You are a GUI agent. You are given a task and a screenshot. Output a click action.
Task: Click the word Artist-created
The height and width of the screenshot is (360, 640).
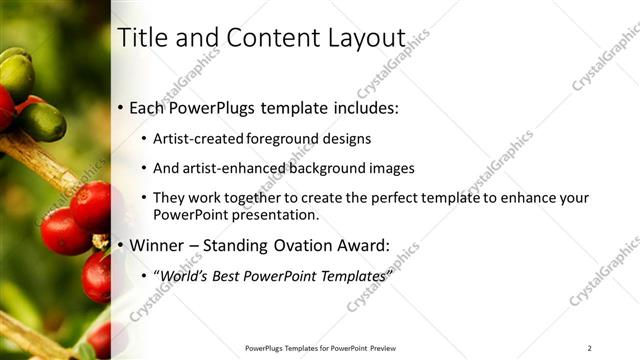coord(199,138)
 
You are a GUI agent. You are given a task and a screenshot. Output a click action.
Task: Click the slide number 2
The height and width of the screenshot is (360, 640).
coord(589,347)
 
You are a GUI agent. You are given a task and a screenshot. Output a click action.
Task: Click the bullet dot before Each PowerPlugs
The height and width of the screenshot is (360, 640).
coord(121,106)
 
